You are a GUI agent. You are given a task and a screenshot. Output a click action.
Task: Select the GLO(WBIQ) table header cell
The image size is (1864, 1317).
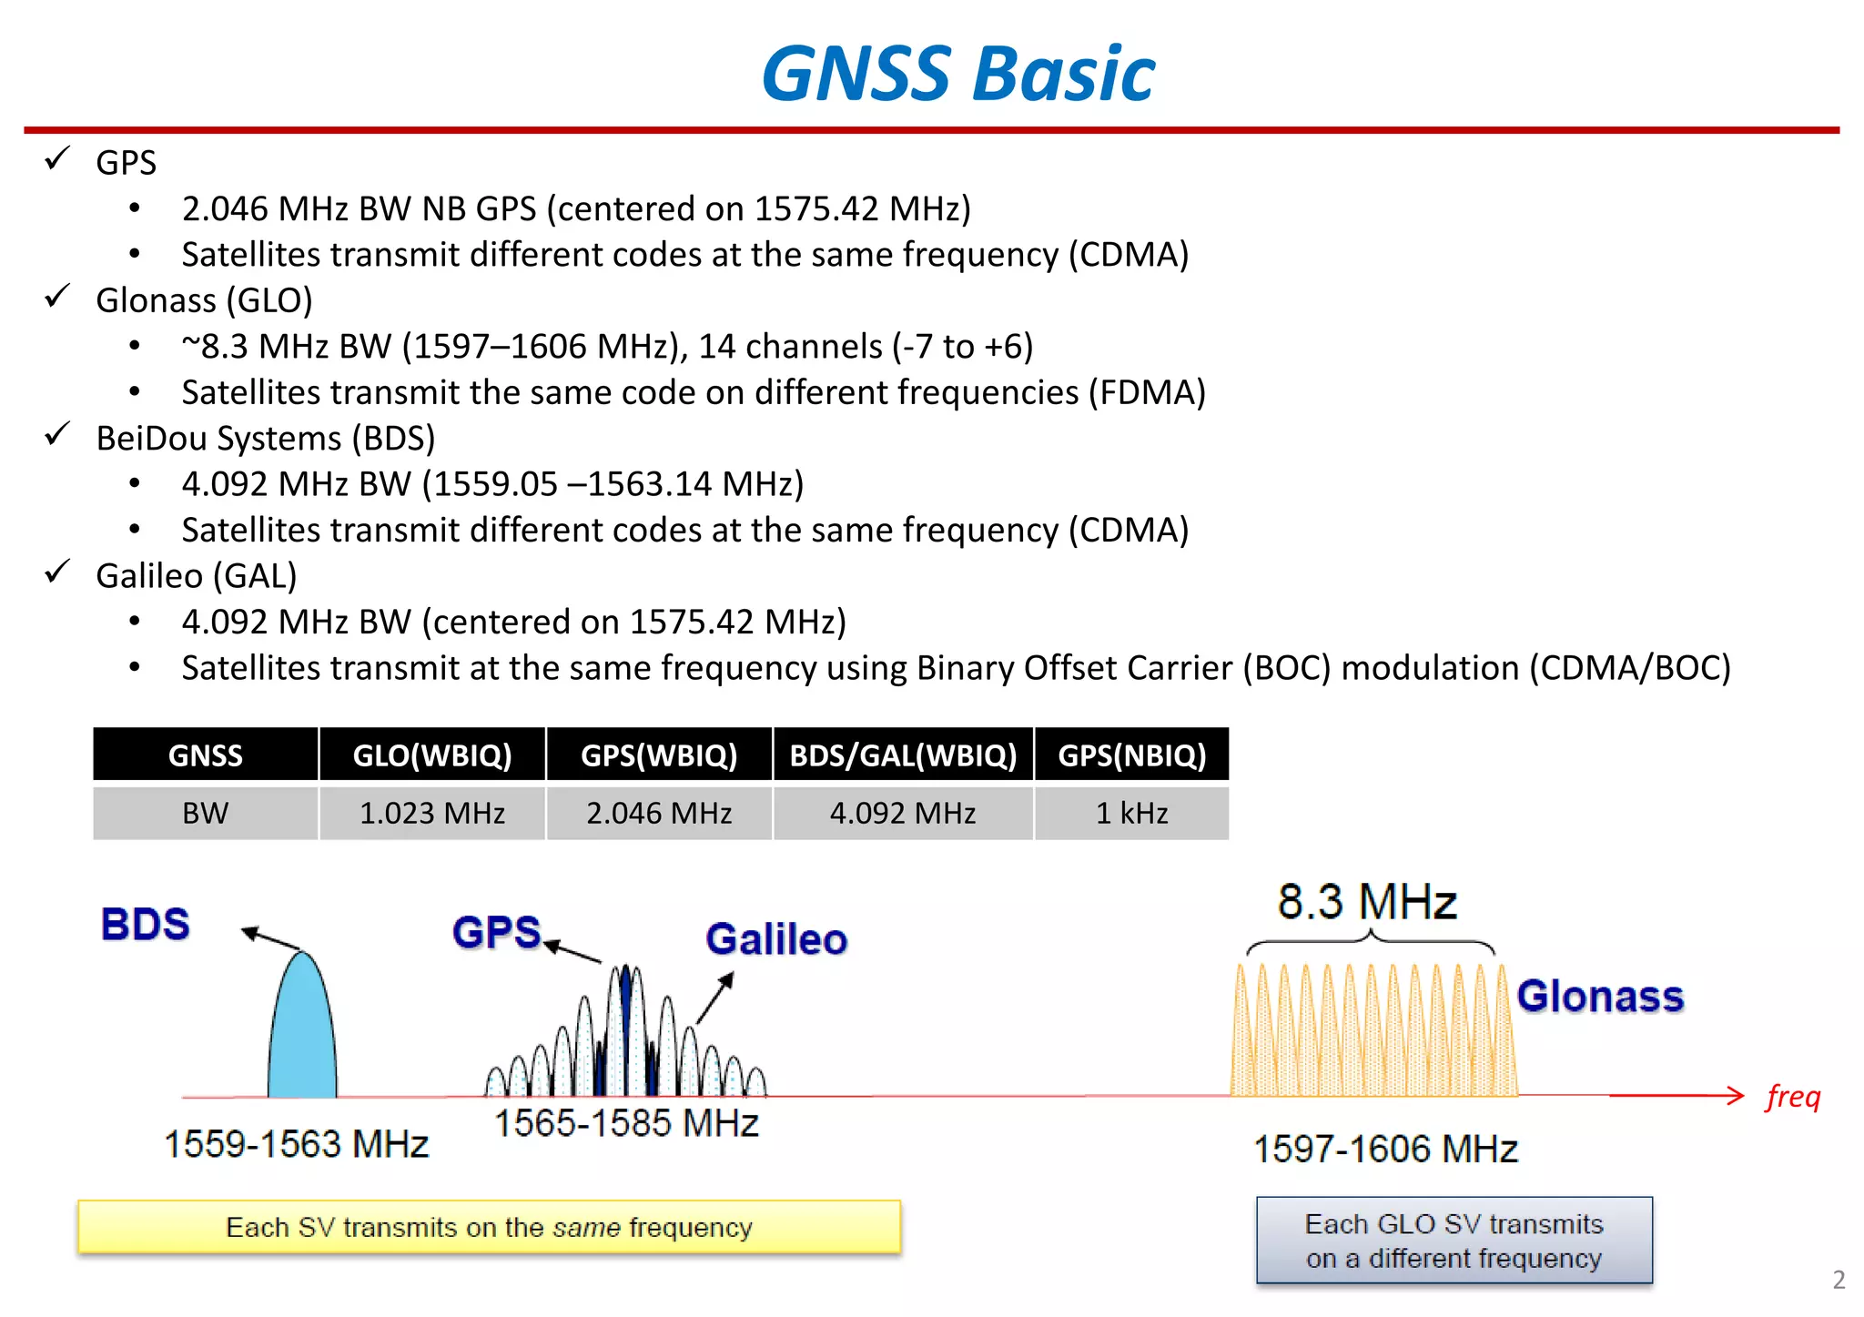(x=432, y=755)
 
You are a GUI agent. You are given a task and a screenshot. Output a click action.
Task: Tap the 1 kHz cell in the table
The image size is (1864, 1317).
(x=1131, y=813)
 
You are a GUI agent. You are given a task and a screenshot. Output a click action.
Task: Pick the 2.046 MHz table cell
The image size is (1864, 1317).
(x=659, y=813)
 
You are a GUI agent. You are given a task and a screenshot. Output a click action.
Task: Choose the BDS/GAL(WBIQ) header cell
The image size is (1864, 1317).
(x=903, y=755)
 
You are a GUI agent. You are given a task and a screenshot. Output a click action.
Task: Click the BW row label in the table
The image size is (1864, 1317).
(x=206, y=813)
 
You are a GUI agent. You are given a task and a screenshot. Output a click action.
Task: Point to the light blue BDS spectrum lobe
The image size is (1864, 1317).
(x=302, y=1033)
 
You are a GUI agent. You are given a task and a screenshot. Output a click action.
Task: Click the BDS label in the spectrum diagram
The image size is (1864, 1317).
(x=146, y=924)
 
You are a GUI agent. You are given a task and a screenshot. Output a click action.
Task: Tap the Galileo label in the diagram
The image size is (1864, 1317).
(x=776, y=939)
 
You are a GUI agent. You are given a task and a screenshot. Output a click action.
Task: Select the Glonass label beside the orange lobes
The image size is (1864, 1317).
(x=1600, y=996)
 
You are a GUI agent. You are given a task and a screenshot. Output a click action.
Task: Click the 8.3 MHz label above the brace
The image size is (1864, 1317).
(x=1366, y=902)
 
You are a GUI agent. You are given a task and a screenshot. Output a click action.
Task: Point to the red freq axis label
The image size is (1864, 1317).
(x=1793, y=1097)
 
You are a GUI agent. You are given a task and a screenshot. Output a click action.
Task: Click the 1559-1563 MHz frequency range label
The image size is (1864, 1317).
(x=296, y=1144)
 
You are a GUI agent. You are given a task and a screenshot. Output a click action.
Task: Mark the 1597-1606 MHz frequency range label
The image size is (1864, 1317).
(x=1385, y=1149)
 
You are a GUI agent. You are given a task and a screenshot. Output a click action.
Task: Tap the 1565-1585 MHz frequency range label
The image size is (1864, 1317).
(x=626, y=1123)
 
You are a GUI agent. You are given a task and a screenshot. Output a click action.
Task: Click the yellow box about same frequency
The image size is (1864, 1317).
(x=490, y=1227)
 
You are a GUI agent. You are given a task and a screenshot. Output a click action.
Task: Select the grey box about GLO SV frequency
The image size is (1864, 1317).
(x=1454, y=1241)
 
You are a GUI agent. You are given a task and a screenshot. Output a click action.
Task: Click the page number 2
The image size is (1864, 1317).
(x=1839, y=1280)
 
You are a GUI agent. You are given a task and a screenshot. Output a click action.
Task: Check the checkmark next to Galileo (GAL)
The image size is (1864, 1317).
(x=57, y=572)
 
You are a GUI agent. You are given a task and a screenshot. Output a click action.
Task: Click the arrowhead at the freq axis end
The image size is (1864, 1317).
(x=1737, y=1096)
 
